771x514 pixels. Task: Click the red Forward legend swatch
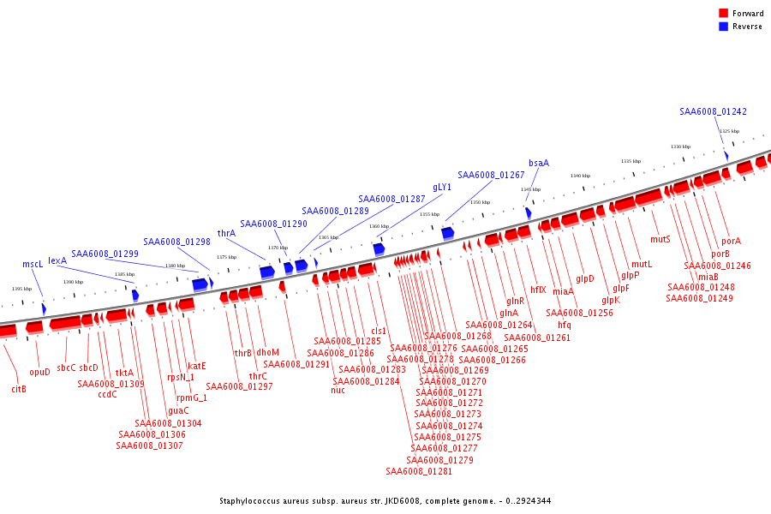724,14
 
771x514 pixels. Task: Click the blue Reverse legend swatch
724,27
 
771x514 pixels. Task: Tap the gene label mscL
33,265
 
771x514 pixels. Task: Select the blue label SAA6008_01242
713,112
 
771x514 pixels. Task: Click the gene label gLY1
442,187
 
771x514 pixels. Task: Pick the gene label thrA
226,233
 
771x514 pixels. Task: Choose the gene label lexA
57,260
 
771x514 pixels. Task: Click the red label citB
19,389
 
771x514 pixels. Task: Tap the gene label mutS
660,239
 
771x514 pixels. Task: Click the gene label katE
197,366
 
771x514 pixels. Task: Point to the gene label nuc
338,391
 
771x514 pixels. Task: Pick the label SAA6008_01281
419,471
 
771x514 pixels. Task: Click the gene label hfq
564,325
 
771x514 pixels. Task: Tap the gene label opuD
40,373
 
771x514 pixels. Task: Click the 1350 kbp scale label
479,202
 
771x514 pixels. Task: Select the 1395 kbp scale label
22,289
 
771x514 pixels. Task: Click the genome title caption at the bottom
385,501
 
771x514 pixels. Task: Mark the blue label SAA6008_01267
491,175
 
